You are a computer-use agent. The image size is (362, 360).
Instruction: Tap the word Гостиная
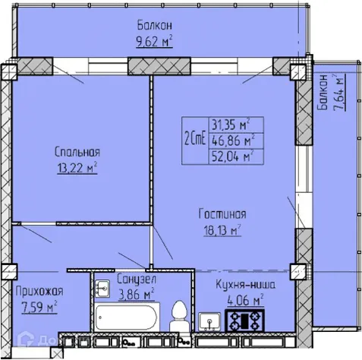click(223, 214)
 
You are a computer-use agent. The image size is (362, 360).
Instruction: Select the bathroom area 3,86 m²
click(137, 292)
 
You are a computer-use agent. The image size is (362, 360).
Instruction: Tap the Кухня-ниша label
click(244, 285)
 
